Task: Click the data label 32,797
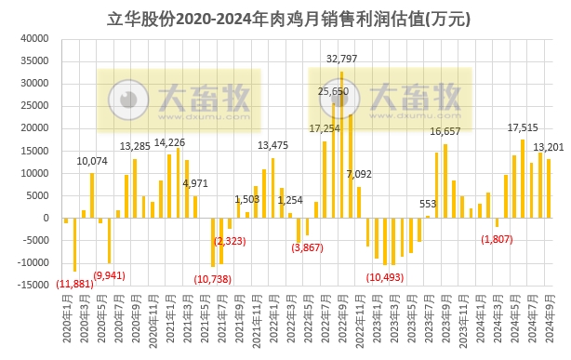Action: click(344, 59)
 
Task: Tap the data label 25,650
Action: click(333, 91)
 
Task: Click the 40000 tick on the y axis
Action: click(33, 39)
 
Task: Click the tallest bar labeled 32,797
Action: click(341, 144)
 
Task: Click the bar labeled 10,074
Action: click(92, 195)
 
